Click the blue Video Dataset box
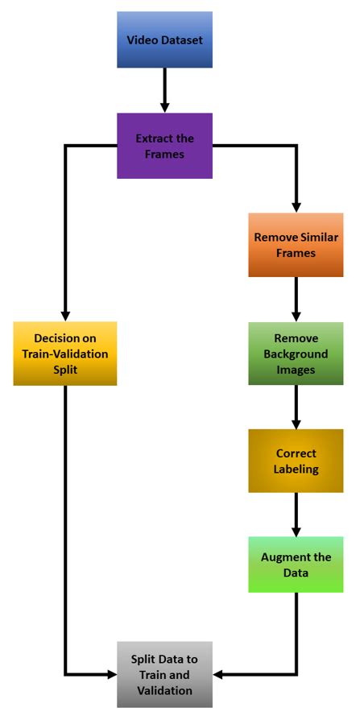(x=164, y=39)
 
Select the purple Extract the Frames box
(x=164, y=145)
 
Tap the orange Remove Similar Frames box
(x=296, y=245)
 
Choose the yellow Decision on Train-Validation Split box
(x=65, y=353)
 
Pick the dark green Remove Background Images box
(x=296, y=354)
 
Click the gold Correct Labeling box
(x=296, y=460)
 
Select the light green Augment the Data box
(x=296, y=565)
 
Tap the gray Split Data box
(x=164, y=674)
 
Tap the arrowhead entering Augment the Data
(x=296, y=529)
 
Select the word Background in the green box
(x=296, y=354)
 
